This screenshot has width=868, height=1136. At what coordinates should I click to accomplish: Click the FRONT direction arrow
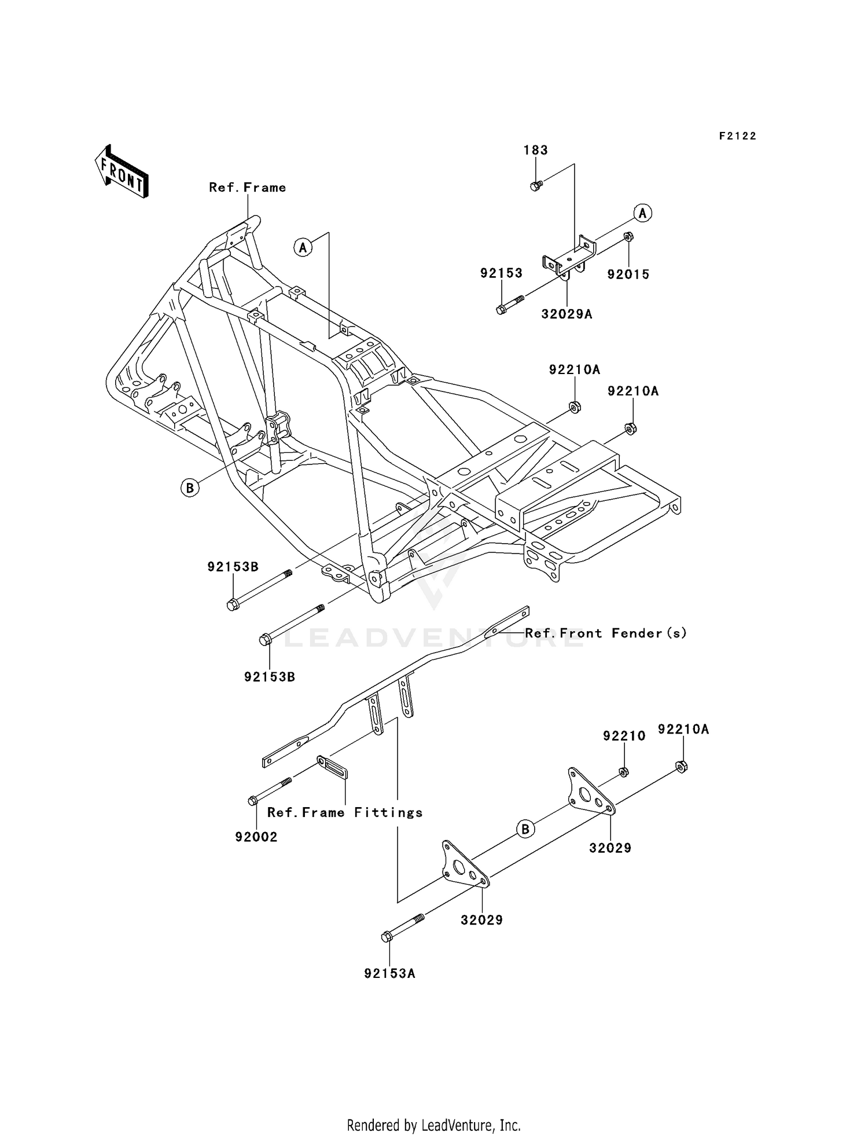tap(122, 172)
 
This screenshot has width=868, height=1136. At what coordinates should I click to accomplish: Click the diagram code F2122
tap(738, 136)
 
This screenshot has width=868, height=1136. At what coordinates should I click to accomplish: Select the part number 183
tap(535, 150)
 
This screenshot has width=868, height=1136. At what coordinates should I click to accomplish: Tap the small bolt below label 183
tap(535, 186)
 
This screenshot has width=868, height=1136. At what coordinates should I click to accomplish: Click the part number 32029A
tap(567, 314)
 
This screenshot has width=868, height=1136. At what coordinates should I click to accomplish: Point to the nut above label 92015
tap(628, 237)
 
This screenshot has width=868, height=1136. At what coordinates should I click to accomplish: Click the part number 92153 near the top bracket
tap(501, 273)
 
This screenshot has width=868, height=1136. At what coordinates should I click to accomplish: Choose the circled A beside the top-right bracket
tap(642, 213)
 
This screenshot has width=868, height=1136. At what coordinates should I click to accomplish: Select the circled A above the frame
tap(303, 248)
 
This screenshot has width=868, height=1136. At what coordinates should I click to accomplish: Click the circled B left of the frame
tap(189, 488)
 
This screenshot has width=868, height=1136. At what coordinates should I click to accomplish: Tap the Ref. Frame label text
tap(247, 188)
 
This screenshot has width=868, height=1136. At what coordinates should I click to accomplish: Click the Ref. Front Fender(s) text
tap(606, 633)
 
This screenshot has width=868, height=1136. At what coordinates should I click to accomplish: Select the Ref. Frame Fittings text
tap(345, 813)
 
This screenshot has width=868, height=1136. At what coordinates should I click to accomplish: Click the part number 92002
tap(256, 837)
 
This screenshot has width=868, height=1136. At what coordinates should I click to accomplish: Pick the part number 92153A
tap(389, 974)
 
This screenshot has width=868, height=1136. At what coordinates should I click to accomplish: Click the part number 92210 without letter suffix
tap(624, 736)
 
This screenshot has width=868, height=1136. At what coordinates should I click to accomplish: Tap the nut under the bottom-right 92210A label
tap(681, 767)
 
